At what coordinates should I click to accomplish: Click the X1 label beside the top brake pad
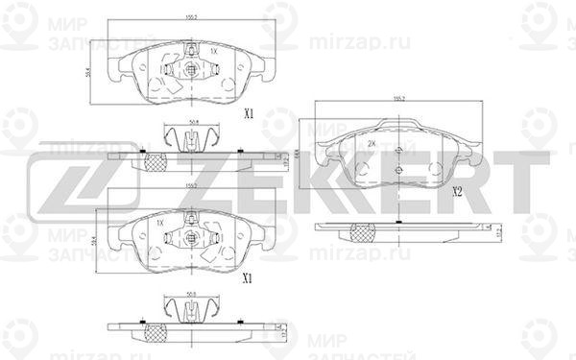tap(247, 113)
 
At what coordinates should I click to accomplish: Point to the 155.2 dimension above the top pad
tap(192, 17)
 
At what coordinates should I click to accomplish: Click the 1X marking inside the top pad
tap(213, 49)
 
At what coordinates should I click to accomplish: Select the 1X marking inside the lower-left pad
tap(162, 223)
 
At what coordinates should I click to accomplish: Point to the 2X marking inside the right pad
tap(372, 143)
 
